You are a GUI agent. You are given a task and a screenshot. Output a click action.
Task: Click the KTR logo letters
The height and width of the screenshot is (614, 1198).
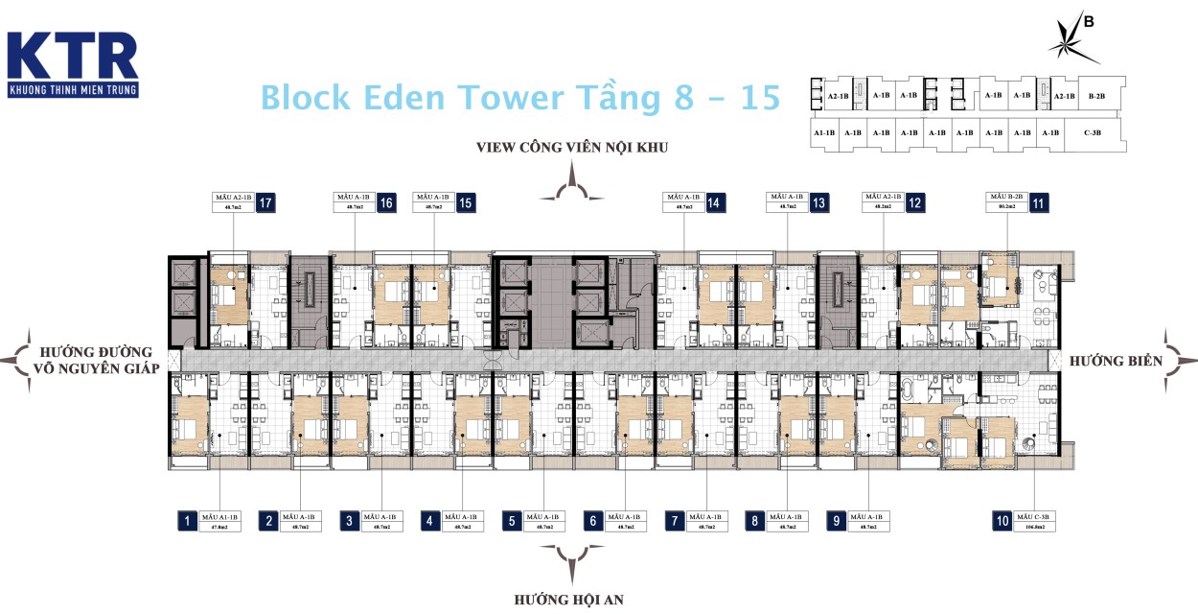click(x=72, y=57)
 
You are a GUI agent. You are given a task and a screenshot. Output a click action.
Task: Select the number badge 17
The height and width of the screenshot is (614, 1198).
click(x=265, y=202)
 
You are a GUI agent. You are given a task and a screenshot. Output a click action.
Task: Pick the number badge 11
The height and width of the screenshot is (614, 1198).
click(x=1039, y=202)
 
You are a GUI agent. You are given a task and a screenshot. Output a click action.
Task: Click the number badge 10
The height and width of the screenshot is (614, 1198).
click(x=1002, y=522)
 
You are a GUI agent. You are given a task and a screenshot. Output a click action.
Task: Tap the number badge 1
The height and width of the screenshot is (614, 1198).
click(x=188, y=522)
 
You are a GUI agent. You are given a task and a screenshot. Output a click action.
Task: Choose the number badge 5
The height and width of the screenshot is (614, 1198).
click(x=513, y=522)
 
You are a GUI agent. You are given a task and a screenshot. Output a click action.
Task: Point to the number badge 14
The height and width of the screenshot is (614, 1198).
click(x=714, y=202)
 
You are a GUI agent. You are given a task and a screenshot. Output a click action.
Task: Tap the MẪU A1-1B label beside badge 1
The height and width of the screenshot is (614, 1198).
click(x=222, y=522)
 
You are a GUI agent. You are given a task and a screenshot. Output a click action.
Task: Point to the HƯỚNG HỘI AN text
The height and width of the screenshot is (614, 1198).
click(x=569, y=600)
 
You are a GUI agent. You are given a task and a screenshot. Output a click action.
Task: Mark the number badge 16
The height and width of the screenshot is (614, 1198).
click(x=386, y=202)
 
